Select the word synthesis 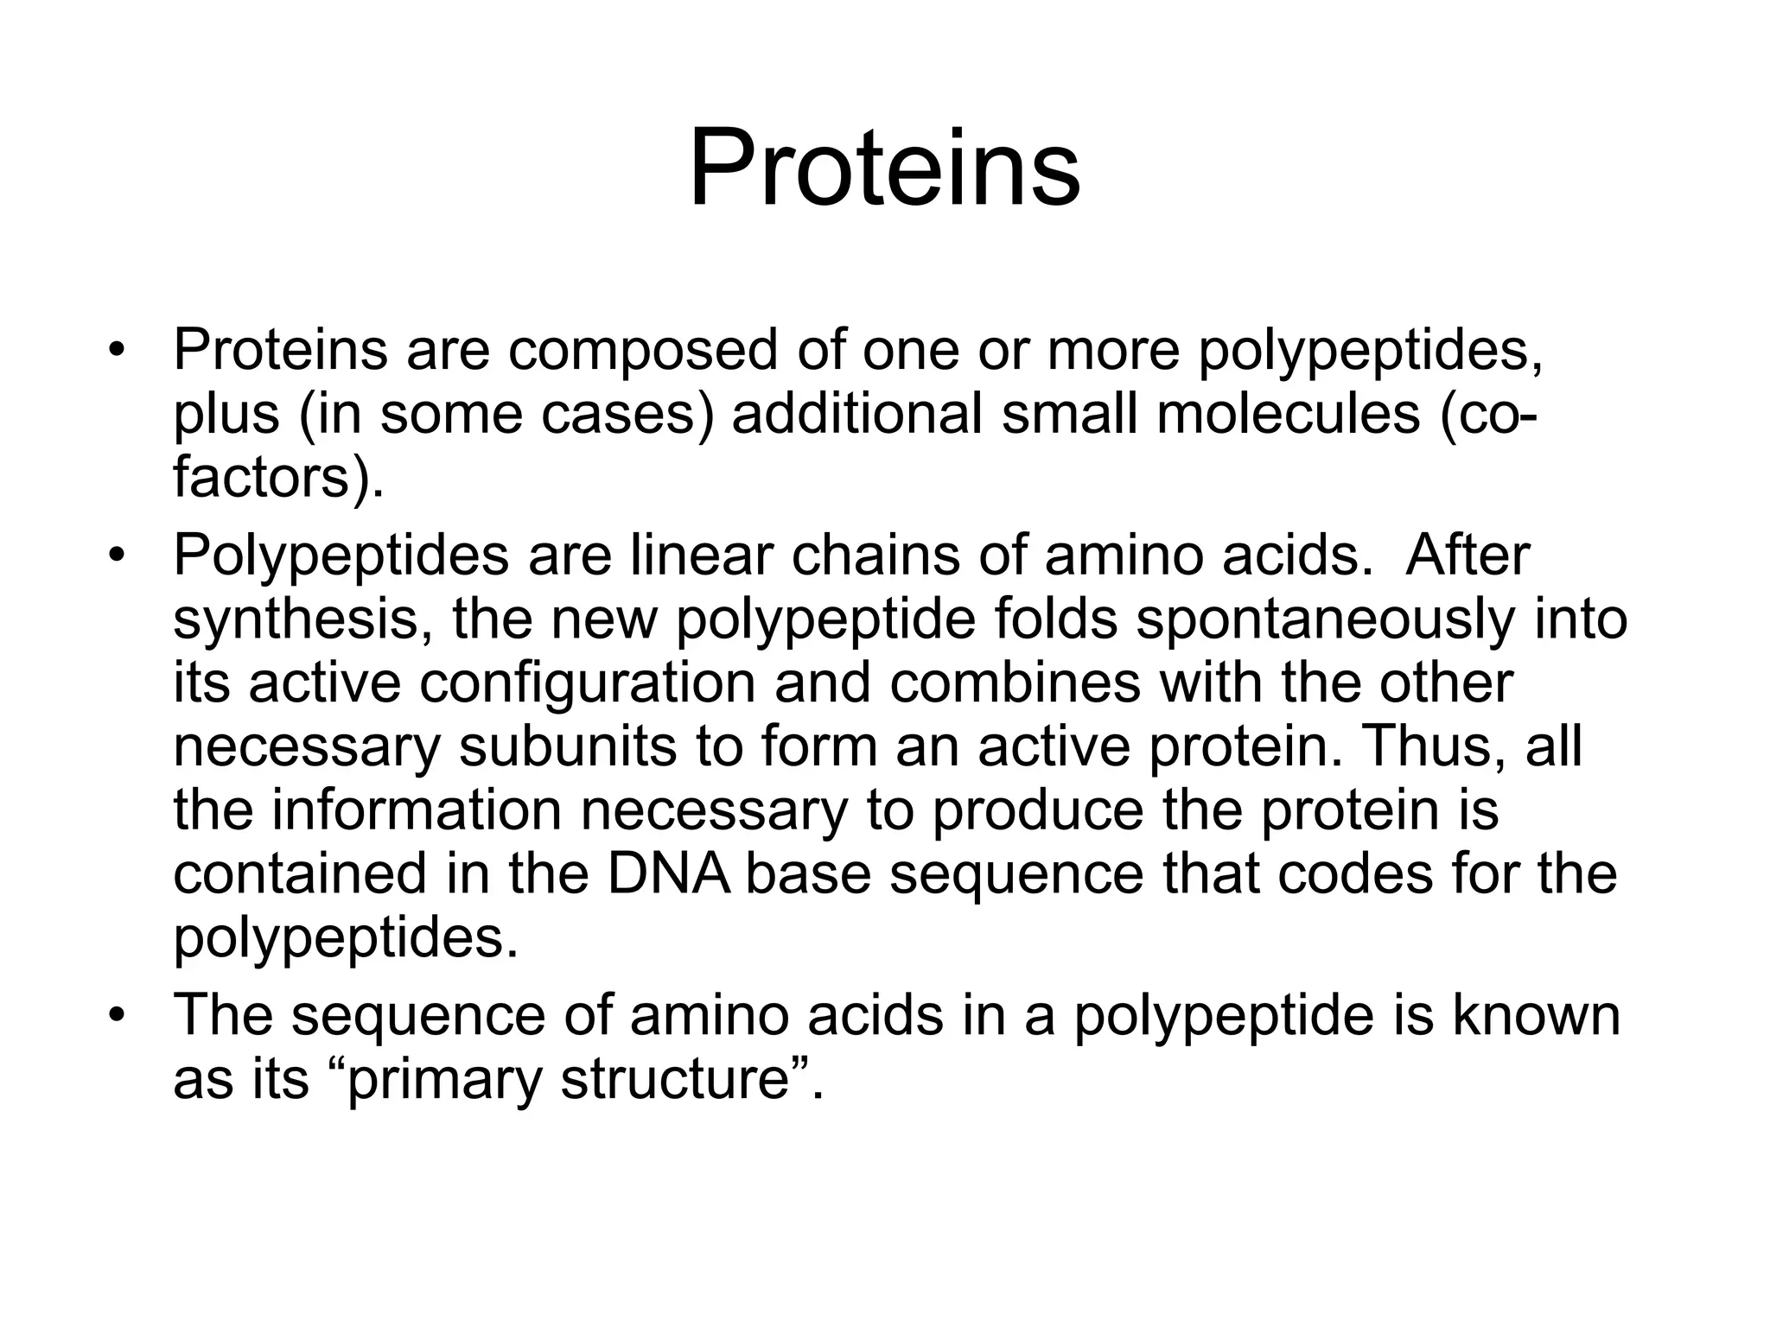point(302,619)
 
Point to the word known point(1536,1015)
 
